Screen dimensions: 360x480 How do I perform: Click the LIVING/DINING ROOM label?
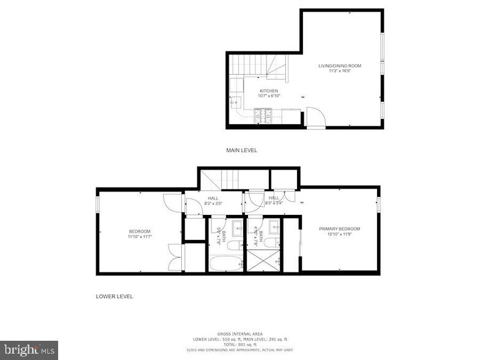pyautogui.click(x=339, y=66)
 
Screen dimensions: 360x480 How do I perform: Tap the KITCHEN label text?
pyautogui.click(x=268, y=91)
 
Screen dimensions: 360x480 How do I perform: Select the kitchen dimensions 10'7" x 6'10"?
pyautogui.click(x=268, y=96)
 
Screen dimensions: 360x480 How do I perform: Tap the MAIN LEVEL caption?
pyautogui.click(x=242, y=150)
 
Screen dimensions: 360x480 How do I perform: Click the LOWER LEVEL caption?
pyautogui.click(x=114, y=296)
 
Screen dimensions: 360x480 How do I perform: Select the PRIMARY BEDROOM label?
pyautogui.click(x=339, y=229)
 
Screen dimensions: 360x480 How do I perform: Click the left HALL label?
pyautogui.click(x=213, y=198)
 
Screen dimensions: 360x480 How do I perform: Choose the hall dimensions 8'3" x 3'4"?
pyautogui.click(x=274, y=203)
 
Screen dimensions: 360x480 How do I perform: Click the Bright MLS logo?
pyautogui.click(x=29, y=350)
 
